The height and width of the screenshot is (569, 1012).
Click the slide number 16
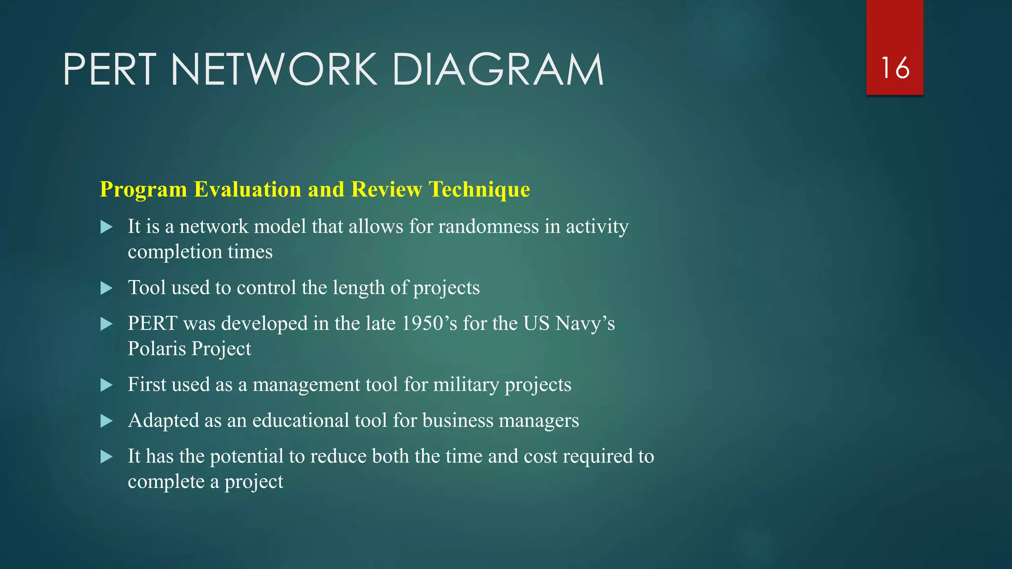pos(895,68)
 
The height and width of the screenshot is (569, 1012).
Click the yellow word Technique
pos(479,189)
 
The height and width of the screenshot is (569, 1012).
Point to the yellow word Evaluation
pos(248,189)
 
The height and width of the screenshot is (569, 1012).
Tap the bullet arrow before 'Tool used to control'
pos(106,288)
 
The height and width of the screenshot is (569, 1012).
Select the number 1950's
pos(429,324)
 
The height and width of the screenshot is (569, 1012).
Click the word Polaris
pos(157,349)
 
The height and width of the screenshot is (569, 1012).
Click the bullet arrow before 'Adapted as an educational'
pos(106,421)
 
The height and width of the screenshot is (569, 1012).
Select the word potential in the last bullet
pos(247,456)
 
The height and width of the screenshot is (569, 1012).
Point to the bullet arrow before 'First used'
pos(106,385)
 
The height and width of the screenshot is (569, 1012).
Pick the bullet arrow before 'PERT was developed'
pos(106,324)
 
